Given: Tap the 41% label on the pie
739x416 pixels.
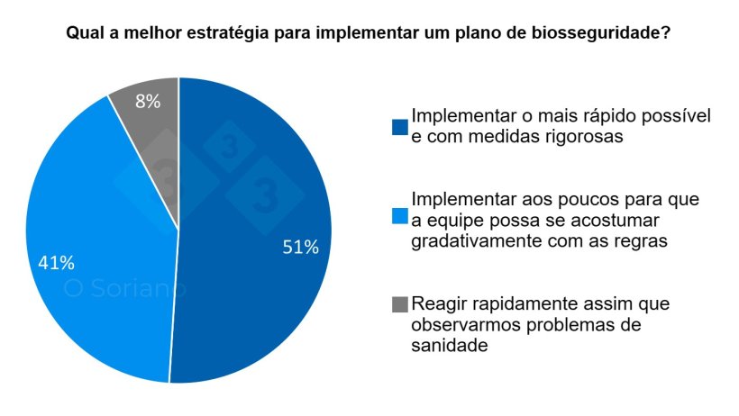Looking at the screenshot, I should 56,263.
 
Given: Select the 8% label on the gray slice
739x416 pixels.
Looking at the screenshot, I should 147,102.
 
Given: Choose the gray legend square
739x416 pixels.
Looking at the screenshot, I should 399,305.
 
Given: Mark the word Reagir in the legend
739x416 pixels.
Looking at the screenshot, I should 439,303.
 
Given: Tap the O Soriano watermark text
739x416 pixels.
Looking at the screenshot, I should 124,289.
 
